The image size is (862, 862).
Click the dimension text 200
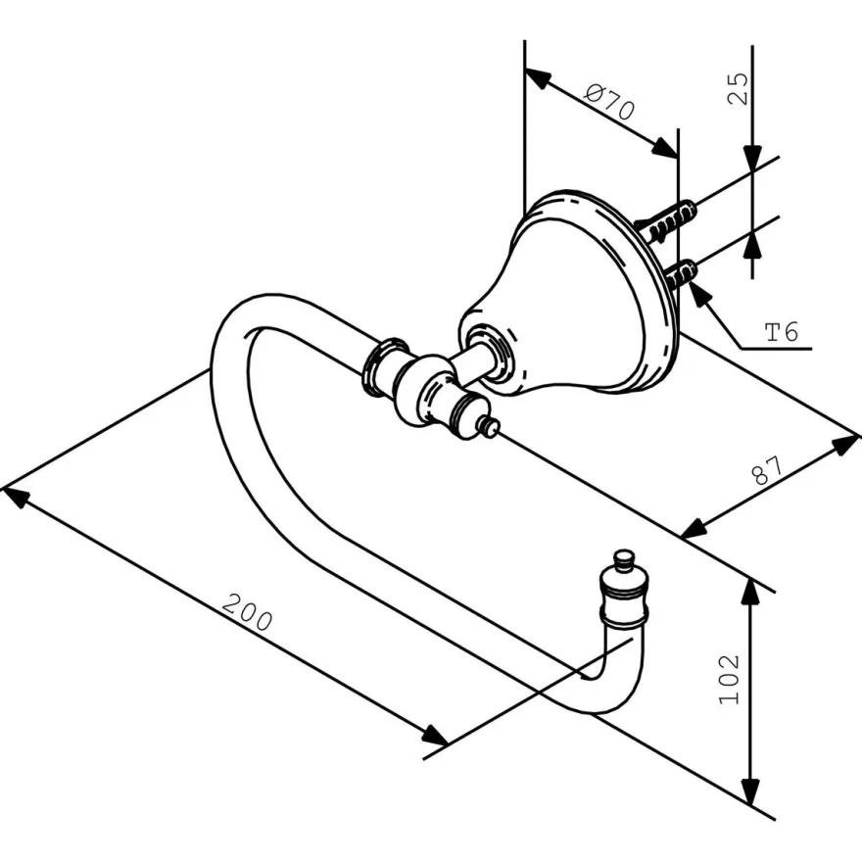(248, 612)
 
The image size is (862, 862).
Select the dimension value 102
(730, 679)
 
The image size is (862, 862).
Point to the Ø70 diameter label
(609, 101)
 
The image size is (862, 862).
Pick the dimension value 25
(738, 88)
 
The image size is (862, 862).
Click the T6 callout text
(782, 332)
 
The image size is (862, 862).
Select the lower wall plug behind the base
(681, 274)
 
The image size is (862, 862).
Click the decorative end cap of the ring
(624, 588)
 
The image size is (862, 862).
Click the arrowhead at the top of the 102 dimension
(751, 592)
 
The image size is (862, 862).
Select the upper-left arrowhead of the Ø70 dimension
(538, 78)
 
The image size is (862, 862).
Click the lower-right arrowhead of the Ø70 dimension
(665, 149)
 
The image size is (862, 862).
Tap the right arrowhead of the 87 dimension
(845, 444)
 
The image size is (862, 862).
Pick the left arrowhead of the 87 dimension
(694, 528)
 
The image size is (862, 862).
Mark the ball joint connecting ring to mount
(427, 391)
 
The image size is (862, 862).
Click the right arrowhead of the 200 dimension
(434, 735)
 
